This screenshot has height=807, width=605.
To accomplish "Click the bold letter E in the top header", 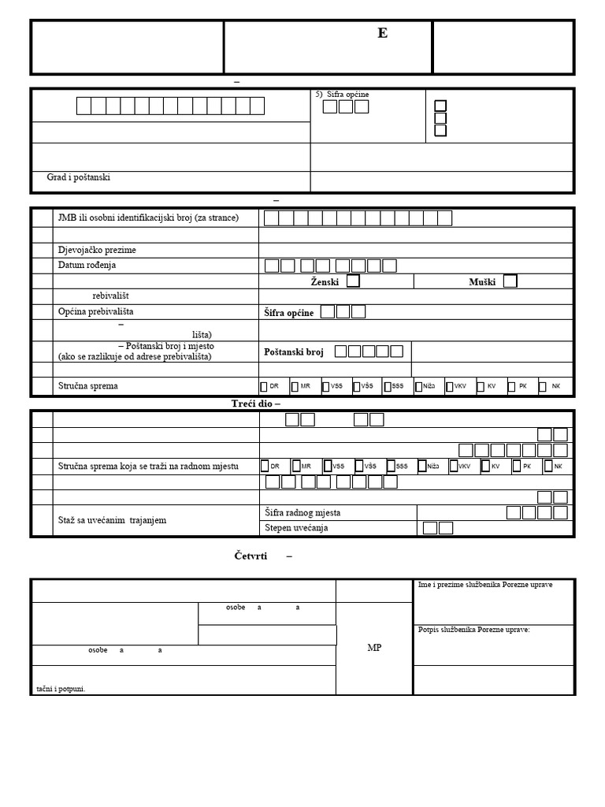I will pos(383,33).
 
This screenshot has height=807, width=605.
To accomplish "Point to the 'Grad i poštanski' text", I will pos(79,177).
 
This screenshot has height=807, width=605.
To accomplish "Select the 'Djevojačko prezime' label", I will pos(97,250).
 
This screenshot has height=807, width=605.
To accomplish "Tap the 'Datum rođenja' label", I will pos(87,266).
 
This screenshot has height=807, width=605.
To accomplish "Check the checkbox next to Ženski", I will pos(354,281).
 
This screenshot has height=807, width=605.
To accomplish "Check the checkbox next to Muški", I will pos(510,281).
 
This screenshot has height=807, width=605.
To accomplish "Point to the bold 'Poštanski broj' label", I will pos(293,351).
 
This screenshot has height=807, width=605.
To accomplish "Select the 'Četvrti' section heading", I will pos(251,556).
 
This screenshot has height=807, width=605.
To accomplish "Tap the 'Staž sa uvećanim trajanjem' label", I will pos(112,521).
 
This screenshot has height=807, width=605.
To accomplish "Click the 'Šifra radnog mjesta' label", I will pos(302,513).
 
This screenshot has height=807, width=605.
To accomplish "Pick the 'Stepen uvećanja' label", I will pos(296,528).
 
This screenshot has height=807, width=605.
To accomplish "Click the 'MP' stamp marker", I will pos(374,648).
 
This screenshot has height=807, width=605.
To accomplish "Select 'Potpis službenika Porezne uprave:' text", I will pos(474,630).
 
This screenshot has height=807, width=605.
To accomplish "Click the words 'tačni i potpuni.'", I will pos(61,689).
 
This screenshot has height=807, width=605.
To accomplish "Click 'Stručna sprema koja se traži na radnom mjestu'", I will pos(148,467).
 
